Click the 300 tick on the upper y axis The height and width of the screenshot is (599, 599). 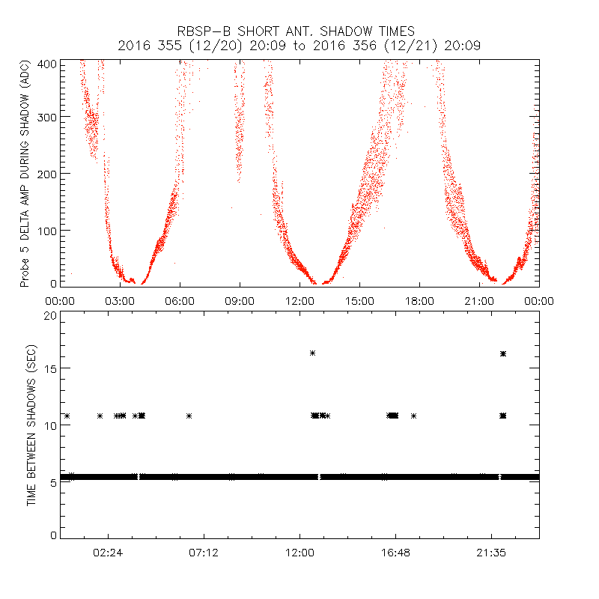[x=45, y=116]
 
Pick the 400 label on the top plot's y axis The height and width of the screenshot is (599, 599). [x=45, y=63]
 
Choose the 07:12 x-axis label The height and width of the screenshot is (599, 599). [x=204, y=552]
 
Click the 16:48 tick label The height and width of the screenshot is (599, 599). [x=395, y=552]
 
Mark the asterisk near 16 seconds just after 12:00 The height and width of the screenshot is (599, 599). [x=313, y=353]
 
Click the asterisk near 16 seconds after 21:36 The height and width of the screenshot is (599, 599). [x=503, y=353]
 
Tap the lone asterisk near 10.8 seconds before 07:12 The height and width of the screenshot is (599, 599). [x=189, y=416]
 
